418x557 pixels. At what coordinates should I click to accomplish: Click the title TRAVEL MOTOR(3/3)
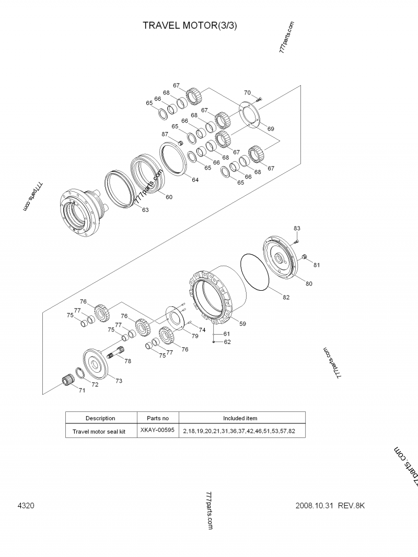pos(190,25)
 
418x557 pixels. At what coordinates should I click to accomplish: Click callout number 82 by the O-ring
pos(286,297)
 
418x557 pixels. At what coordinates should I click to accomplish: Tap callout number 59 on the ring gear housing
pos(242,324)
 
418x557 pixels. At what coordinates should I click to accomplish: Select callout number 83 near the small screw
pos(297,229)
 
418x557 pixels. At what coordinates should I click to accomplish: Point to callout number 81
pos(317,265)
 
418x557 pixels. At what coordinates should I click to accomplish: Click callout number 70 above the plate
pos(247,93)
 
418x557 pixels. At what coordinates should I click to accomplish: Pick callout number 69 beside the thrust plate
pos(271,128)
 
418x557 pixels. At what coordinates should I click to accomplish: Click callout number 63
pos(145,210)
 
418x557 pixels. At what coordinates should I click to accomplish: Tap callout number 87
pos(165,134)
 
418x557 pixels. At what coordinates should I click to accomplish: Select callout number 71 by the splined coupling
pos(82,390)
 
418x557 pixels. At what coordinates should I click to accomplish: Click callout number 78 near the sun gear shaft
pos(127,361)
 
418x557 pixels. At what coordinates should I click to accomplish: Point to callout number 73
pos(119,381)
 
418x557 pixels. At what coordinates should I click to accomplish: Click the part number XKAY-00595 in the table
pos(154,431)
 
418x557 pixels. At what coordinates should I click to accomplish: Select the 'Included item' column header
pos(240,418)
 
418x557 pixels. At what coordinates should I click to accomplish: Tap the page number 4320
pos(26,505)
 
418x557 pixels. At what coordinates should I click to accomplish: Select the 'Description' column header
pos(100,418)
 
